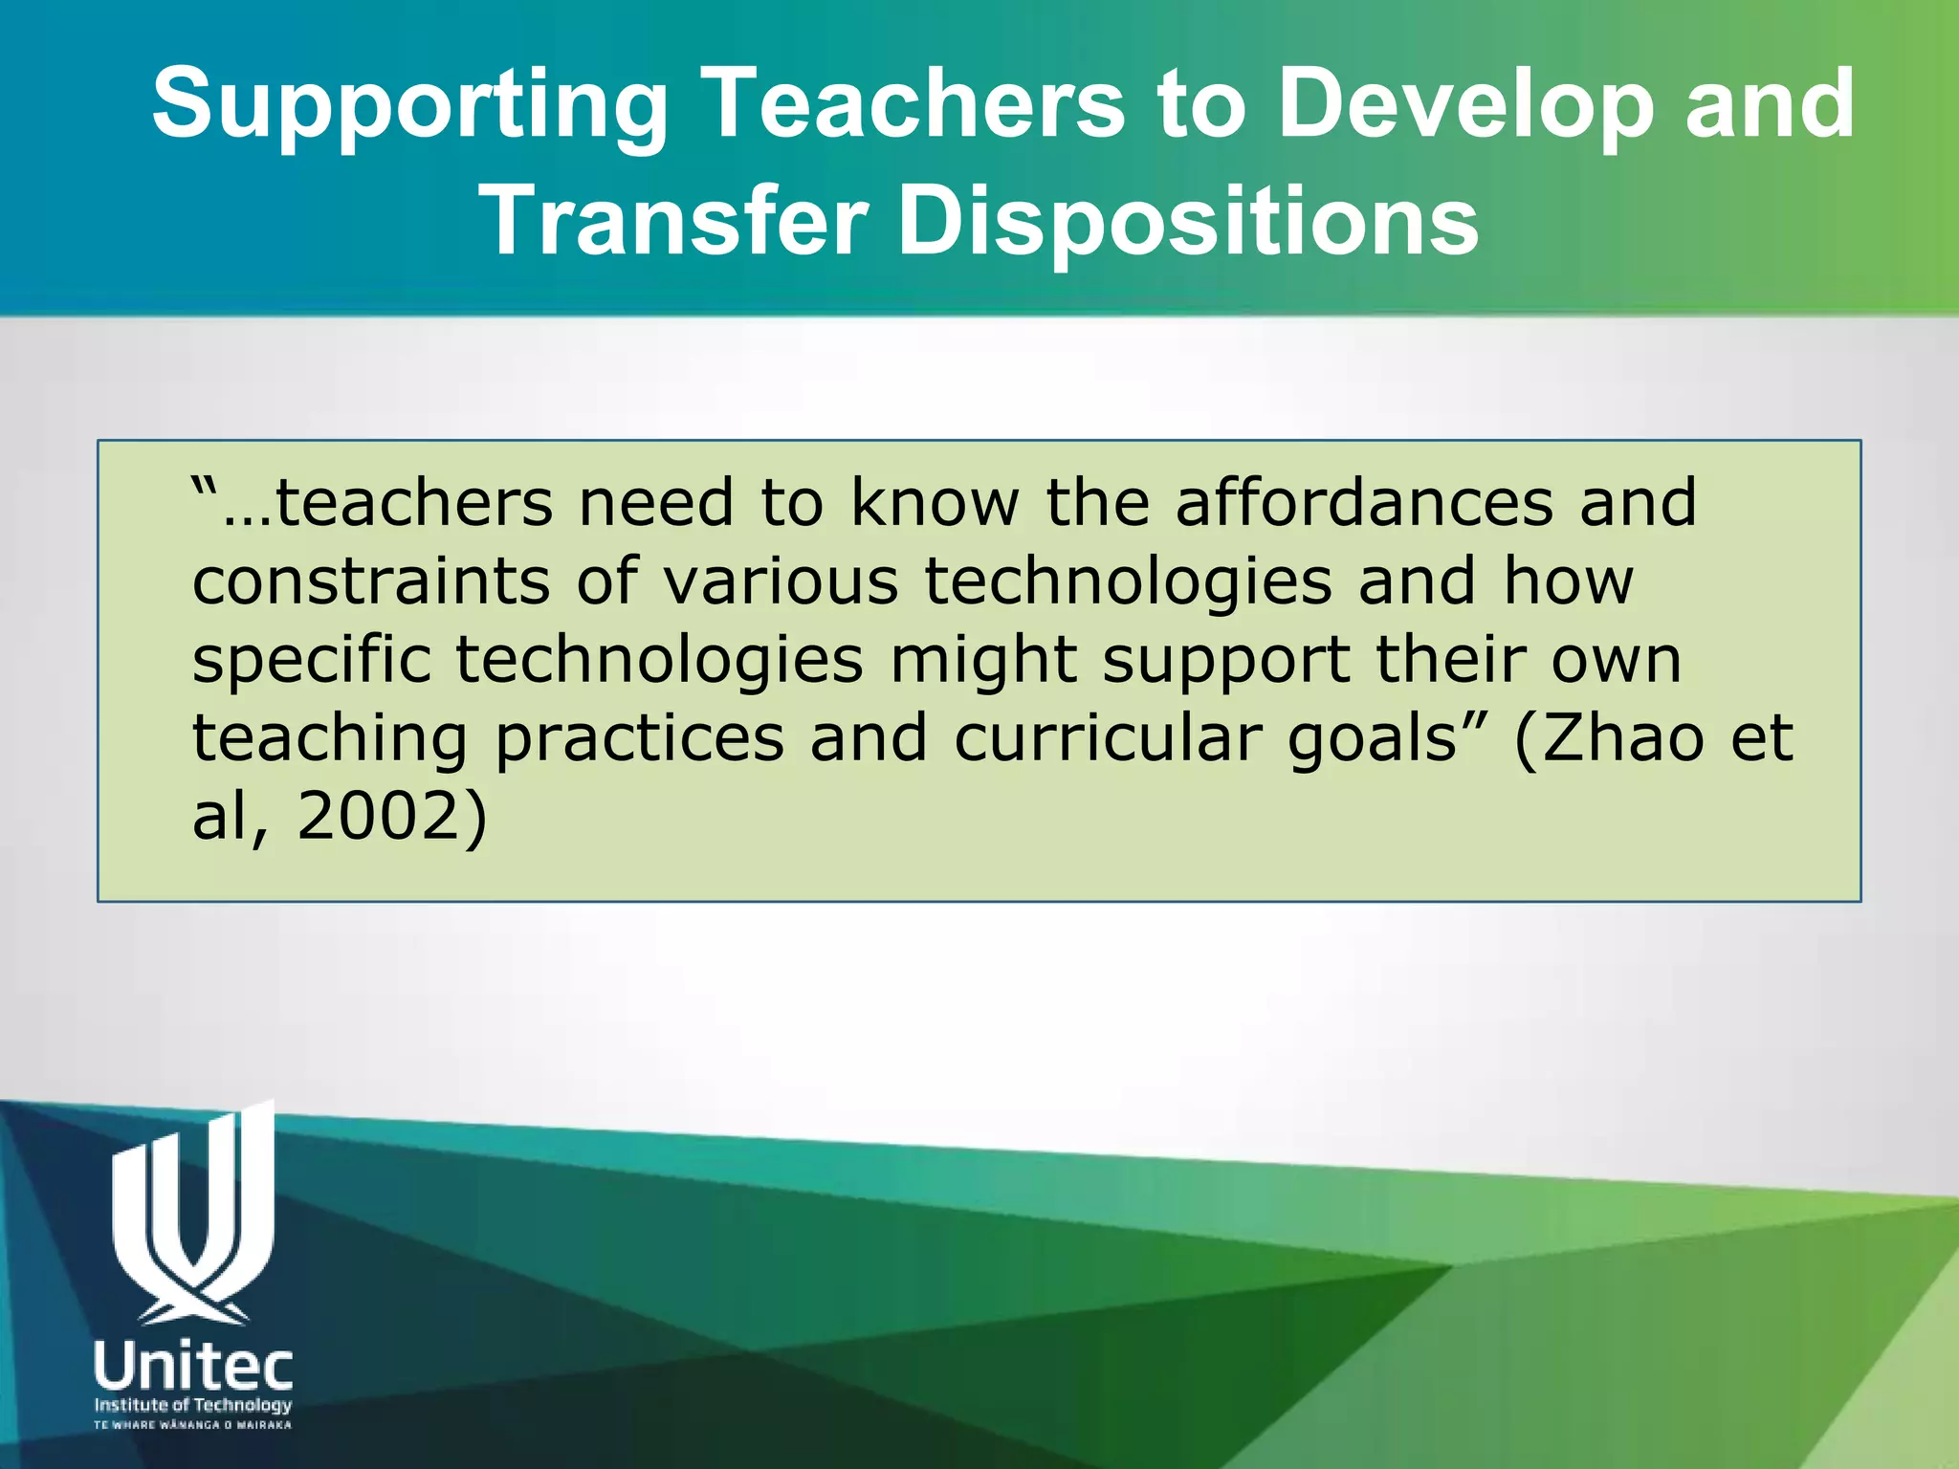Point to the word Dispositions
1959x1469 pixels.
coord(1187,222)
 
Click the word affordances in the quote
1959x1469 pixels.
coord(1364,503)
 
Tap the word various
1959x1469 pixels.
coord(781,581)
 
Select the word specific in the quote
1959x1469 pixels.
coord(312,661)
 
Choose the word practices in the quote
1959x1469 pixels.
coord(639,739)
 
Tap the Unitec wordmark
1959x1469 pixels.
coord(193,1369)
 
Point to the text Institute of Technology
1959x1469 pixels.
coord(193,1405)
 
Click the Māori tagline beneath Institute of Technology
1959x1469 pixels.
coord(193,1425)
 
